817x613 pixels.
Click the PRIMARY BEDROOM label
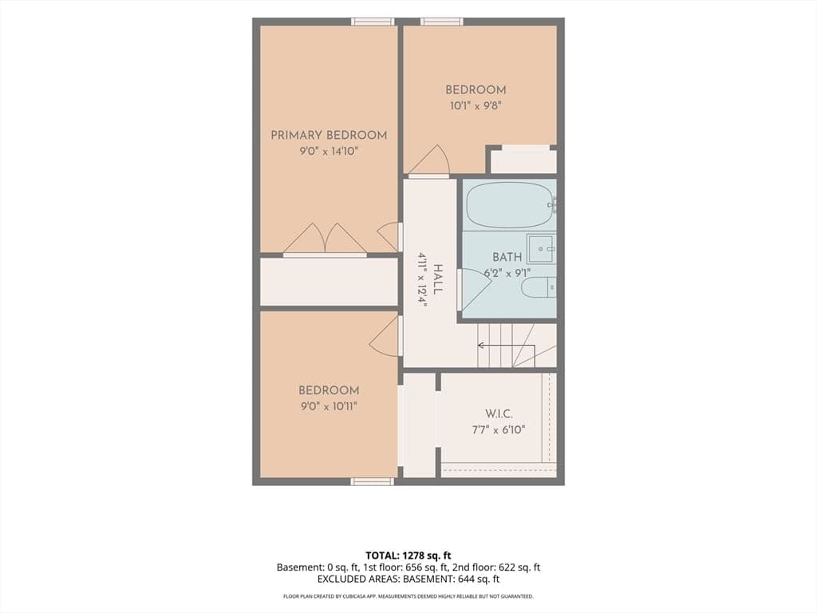click(329, 136)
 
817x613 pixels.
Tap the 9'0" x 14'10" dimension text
click(329, 152)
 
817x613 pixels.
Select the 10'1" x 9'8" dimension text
click(476, 106)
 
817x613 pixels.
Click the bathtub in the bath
click(509, 204)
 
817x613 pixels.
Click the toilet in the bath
click(539, 287)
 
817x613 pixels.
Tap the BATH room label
click(507, 257)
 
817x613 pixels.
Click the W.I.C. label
click(499, 414)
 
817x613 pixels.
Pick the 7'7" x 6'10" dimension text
click(499, 430)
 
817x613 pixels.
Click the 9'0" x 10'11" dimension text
click(329, 406)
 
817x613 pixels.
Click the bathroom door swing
click(474, 288)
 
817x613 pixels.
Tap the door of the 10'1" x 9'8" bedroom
click(428, 160)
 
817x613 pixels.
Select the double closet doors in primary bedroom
click(326, 239)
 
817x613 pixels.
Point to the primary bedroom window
click(373, 22)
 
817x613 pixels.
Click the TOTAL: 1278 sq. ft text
click(408, 556)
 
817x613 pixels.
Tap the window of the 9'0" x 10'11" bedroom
click(372, 481)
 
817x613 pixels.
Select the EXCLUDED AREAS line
click(408, 579)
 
